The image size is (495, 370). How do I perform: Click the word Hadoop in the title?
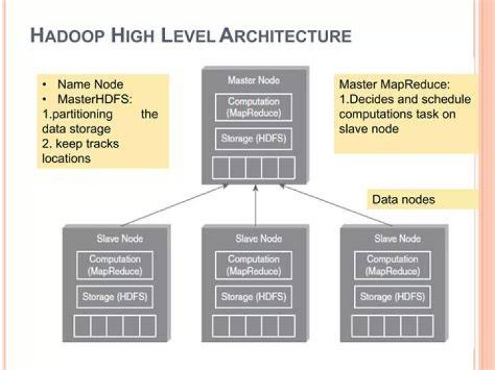point(67,35)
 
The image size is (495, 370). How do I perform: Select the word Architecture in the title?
point(285,35)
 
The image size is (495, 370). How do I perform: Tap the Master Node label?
point(254,80)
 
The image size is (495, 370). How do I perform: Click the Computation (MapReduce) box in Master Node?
point(254,107)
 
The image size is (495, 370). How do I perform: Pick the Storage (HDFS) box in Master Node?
point(254,139)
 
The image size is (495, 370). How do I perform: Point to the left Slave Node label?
point(120,238)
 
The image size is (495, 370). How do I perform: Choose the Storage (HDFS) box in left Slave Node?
point(115,297)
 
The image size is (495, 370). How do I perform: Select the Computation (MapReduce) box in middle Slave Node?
point(254,266)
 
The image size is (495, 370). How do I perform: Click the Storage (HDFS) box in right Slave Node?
point(393,297)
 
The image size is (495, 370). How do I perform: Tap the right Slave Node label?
point(397,238)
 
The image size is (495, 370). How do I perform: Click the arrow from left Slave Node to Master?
point(175,205)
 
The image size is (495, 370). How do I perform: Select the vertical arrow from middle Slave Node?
point(255,205)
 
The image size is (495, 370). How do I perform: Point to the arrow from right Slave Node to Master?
point(336,205)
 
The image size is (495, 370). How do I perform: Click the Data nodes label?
point(404,200)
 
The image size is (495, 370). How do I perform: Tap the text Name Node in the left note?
point(90,84)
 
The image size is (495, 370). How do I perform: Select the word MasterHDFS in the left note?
point(93,100)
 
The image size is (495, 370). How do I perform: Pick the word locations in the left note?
point(66,159)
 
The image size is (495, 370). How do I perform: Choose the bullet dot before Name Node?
point(45,84)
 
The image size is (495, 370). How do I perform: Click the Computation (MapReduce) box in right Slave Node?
point(393,266)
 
